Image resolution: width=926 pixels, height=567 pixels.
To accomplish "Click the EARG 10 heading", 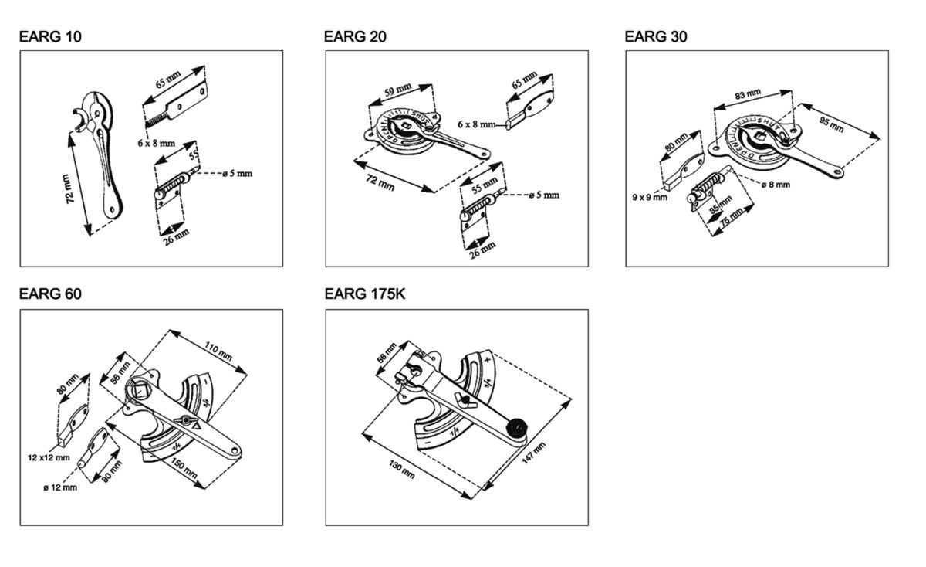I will pyautogui.click(x=50, y=36).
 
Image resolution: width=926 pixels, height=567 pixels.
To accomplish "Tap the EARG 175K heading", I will pyautogui.click(x=365, y=294).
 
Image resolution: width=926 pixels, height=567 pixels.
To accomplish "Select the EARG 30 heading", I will pyautogui.click(x=656, y=36).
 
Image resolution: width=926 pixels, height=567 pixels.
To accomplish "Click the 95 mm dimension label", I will pyautogui.click(x=831, y=124).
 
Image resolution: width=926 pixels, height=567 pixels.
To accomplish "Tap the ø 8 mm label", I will pyautogui.click(x=776, y=185).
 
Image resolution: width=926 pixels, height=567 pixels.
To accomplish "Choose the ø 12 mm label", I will pyautogui.click(x=60, y=487).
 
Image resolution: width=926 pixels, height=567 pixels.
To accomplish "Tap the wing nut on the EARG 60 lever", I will pyautogui.click(x=184, y=420).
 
